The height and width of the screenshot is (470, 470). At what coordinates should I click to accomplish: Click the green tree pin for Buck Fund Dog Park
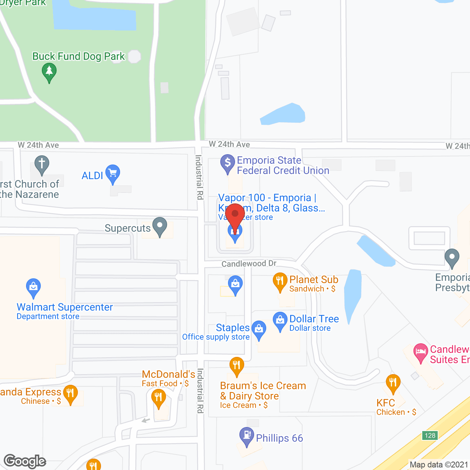[49, 72]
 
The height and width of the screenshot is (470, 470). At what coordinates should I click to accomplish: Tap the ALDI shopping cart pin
[113, 174]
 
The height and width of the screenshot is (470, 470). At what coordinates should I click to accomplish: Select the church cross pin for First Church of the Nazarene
[42, 165]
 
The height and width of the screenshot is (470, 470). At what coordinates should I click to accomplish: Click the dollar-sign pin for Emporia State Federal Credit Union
[228, 163]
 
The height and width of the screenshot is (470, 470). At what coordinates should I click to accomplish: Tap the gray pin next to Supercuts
[160, 227]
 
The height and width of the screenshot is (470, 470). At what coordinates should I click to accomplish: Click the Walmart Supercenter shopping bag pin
[33, 288]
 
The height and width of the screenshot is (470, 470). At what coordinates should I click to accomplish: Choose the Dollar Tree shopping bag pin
[280, 321]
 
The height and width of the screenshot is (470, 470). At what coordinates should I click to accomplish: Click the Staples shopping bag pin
[259, 329]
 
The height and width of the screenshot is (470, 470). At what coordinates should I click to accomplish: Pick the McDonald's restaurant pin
[159, 398]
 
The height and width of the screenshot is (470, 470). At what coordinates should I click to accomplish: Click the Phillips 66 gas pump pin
[247, 436]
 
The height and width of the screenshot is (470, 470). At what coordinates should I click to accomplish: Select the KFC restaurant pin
[393, 383]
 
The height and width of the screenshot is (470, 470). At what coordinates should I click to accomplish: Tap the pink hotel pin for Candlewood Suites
[421, 352]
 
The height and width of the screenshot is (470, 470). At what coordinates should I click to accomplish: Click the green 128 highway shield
[430, 435]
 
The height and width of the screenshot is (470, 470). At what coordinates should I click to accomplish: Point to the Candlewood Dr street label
[249, 264]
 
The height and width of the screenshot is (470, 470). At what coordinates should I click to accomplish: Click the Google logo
[25, 461]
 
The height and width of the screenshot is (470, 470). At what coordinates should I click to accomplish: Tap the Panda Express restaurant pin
[70, 394]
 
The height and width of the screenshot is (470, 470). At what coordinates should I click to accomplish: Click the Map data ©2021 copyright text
[439, 464]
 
